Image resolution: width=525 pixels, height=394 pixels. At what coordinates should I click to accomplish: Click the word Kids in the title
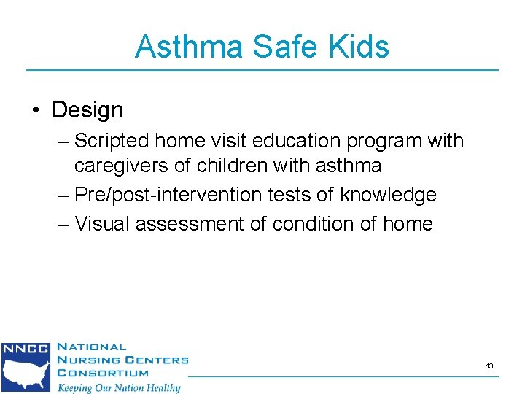click(x=360, y=47)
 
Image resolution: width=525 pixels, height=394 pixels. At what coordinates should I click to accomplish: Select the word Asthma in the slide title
click(x=190, y=47)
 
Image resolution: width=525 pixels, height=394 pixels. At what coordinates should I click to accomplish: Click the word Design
click(x=87, y=110)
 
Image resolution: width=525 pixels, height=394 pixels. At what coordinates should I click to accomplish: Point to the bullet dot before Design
click(x=36, y=111)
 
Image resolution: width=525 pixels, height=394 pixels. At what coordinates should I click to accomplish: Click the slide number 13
click(x=489, y=366)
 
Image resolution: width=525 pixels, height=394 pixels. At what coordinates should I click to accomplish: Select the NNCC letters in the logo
click(x=25, y=349)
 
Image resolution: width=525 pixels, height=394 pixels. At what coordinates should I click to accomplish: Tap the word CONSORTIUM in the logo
click(x=102, y=373)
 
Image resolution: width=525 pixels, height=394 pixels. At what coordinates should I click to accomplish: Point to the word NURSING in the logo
click(x=86, y=360)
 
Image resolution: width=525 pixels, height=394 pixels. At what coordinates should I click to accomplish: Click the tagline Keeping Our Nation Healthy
click(x=119, y=387)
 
